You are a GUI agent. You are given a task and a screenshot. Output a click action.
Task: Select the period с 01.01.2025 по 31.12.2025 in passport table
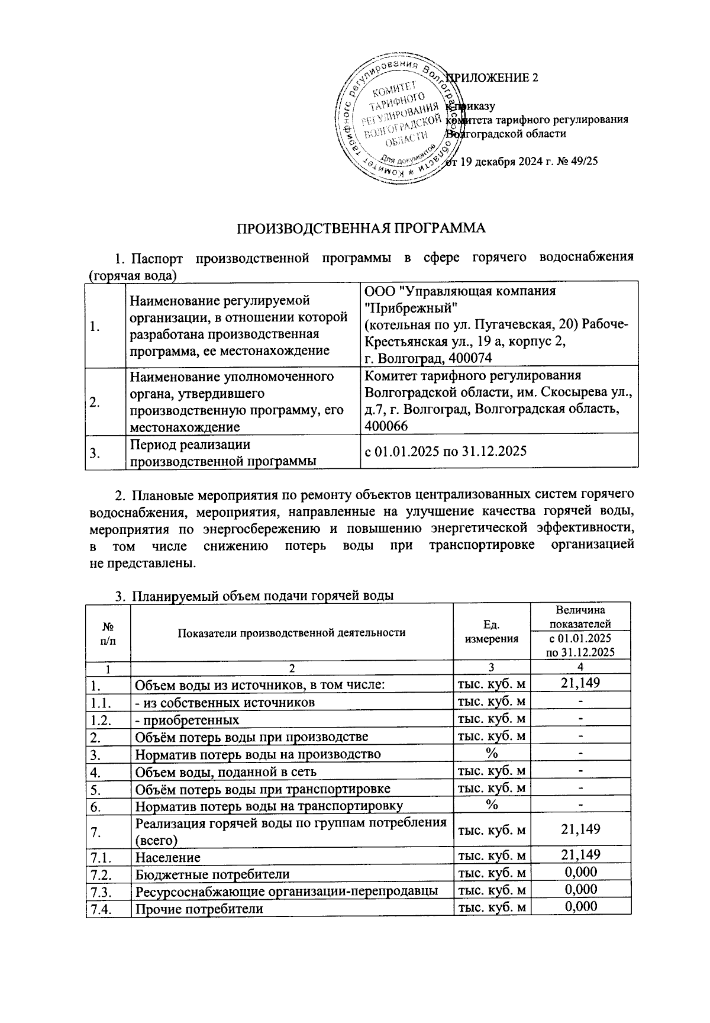pos(446,451)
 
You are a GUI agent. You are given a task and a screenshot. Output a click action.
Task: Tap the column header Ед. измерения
pos(492,632)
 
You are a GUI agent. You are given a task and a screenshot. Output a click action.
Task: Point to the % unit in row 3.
pos(491,754)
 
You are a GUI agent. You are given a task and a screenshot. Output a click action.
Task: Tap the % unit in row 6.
pos(491,805)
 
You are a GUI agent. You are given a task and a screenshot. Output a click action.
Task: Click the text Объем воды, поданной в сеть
pos(225,771)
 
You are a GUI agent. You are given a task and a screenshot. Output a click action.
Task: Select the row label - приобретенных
pos(188,720)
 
